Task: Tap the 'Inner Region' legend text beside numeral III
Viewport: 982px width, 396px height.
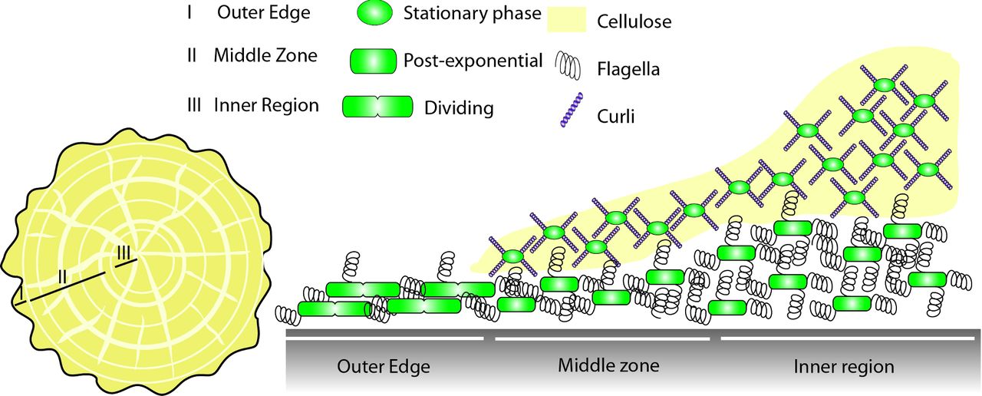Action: tap(265, 105)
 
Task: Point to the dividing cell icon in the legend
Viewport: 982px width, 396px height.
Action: tap(376, 107)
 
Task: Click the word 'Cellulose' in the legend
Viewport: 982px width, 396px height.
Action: tap(634, 22)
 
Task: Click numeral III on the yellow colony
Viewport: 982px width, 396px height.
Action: tap(125, 252)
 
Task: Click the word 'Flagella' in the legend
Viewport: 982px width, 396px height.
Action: tap(628, 71)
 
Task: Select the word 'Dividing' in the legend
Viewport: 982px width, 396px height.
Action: tap(458, 108)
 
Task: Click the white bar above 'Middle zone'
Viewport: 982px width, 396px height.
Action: tap(603, 337)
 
